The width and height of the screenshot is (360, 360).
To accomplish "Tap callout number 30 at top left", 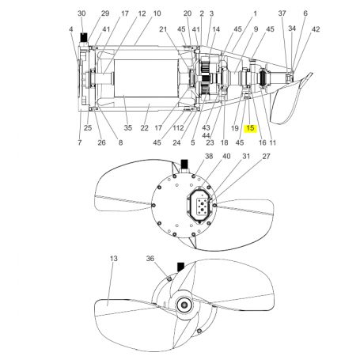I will tap(81, 14).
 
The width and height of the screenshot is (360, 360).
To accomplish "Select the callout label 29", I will tap(105, 14).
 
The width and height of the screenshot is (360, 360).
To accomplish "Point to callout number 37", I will tap(282, 14).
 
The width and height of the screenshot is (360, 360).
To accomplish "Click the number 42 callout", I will tap(316, 29).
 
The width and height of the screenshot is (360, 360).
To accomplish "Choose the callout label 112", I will tap(178, 128).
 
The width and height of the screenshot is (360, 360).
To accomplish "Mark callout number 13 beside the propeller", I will tap(113, 259).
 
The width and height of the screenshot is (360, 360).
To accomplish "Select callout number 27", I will tap(266, 157).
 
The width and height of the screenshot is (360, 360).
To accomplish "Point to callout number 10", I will tap(157, 14).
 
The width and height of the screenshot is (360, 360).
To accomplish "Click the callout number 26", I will tap(100, 142).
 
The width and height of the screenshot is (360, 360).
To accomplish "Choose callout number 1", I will tap(255, 14).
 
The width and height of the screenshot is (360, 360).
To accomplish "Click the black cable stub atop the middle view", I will tap(184, 164).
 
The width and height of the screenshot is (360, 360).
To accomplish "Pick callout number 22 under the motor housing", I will tap(145, 127).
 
